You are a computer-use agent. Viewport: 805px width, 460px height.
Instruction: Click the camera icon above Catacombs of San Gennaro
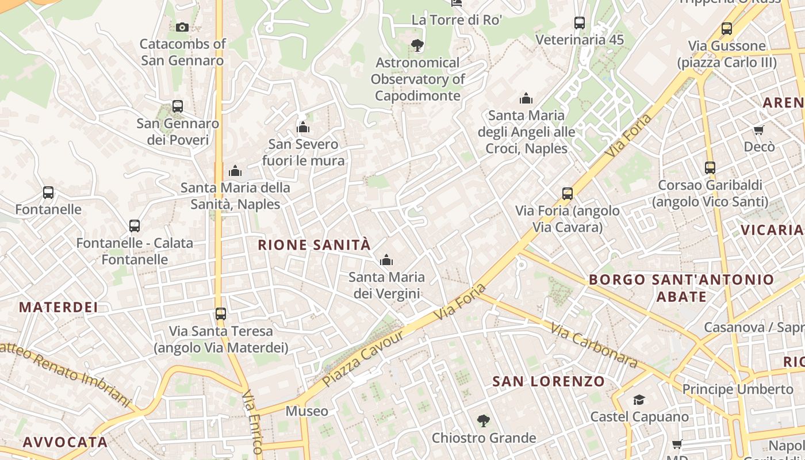(x=182, y=27)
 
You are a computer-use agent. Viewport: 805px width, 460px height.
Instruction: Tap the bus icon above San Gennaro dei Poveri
(x=178, y=106)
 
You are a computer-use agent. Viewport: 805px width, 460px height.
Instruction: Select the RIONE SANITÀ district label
(x=314, y=245)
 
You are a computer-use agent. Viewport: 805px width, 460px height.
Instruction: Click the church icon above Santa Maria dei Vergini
(x=386, y=260)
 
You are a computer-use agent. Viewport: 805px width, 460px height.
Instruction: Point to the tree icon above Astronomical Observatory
(x=417, y=45)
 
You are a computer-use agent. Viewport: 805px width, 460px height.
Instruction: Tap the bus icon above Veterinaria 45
(x=580, y=23)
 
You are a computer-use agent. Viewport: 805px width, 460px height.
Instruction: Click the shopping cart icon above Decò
(x=759, y=130)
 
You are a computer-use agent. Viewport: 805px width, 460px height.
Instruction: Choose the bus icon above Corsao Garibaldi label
(x=710, y=168)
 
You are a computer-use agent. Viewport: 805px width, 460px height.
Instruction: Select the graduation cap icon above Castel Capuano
(x=639, y=400)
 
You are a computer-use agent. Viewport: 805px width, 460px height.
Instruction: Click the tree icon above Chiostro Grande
(x=483, y=421)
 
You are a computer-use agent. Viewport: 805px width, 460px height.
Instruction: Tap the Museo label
(x=307, y=411)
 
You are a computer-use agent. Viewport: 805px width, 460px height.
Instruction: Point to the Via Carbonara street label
(x=595, y=345)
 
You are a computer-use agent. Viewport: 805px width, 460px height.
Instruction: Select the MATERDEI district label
(x=58, y=307)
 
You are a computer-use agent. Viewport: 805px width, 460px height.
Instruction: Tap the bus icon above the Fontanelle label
(x=48, y=193)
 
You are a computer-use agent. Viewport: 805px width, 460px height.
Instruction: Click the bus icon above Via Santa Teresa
(x=221, y=314)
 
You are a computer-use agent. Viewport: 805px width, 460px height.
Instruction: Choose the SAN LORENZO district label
(x=549, y=381)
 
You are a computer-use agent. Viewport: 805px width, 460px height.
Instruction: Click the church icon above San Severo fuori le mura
(x=303, y=127)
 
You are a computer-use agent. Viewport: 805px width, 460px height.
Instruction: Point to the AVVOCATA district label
(x=65, y=442)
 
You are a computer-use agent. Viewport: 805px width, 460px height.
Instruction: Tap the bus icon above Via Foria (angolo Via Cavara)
(x=568, y=194)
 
